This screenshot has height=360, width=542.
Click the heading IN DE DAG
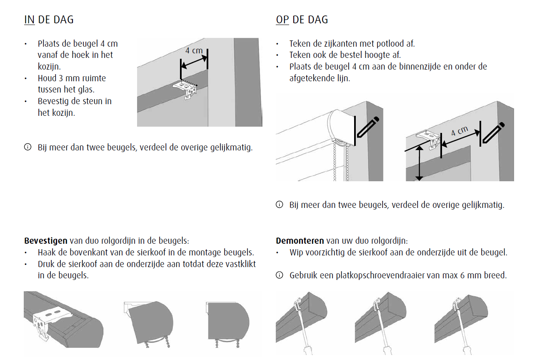(49, 20)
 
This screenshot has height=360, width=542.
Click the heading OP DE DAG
(302, 20)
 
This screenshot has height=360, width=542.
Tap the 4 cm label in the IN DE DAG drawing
(194, 50)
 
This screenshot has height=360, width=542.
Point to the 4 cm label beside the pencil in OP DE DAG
(460, 131)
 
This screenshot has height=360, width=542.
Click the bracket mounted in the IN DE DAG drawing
(185, 90)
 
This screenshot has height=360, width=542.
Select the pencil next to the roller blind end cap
(368, 127)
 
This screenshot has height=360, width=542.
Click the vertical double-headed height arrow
(419, 163)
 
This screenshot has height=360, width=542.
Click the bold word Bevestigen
(46, 241)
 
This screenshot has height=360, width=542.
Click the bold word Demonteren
(300, 241)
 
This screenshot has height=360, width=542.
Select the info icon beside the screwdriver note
(280, 275)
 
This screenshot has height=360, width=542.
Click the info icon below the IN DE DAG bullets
(28, 147)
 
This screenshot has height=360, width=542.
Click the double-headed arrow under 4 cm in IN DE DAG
(194, 62)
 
